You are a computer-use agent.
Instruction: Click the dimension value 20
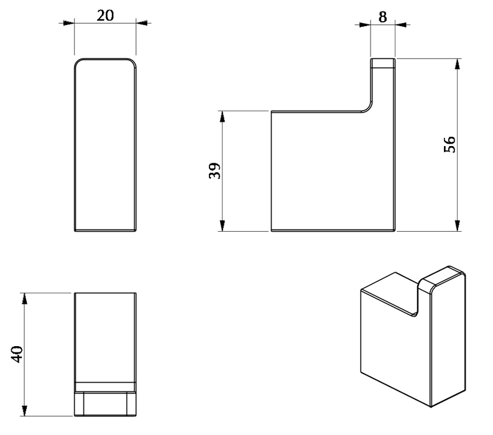pos(105,16)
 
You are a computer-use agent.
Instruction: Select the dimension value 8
pos(382,17)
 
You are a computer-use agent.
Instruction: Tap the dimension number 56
pos(449,144)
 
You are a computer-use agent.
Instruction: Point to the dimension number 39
pos(214,171)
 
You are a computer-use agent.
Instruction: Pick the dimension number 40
pos(17,354)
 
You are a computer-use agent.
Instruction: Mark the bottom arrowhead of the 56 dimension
pos(458,226)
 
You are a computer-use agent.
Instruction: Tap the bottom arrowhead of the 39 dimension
pos(223,226)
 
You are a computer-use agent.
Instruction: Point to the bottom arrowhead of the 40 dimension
pos(24,411)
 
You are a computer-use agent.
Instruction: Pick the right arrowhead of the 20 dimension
pos(142,23)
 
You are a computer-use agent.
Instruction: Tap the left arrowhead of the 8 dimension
pos(365,24)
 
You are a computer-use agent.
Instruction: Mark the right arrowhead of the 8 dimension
pos(400,24)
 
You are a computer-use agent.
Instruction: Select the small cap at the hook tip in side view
pos(382,63)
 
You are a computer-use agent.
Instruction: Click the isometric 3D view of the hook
pos(413,336)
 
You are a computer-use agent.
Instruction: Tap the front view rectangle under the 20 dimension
pos(105,145)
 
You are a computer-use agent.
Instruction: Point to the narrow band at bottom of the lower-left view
pos(105,387)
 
